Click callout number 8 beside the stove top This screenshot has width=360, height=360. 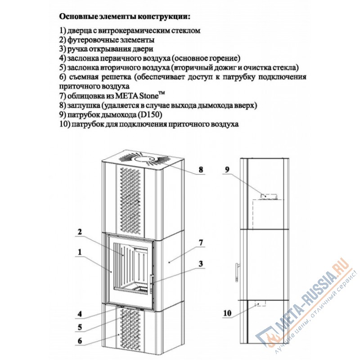click(201, 170)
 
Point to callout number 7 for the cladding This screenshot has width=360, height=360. click(201, 243)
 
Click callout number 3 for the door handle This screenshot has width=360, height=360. click(201, 263)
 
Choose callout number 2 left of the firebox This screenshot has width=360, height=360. click(79, 232)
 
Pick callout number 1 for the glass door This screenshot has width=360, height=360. click(79, 253)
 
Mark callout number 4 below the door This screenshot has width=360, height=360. click(79, 314)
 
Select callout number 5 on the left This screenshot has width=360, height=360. click(79, 327)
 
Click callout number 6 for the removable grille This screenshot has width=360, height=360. click(79, 341)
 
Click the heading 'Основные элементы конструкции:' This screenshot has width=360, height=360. click(125, 17)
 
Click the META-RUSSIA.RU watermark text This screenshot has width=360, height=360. click(310, 297)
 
